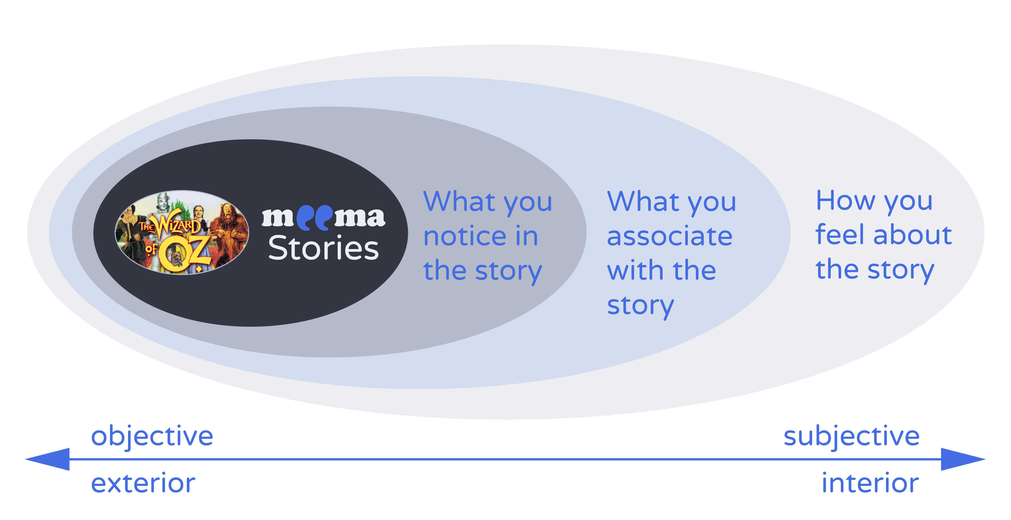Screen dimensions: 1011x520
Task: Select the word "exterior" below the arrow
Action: pos(143,483)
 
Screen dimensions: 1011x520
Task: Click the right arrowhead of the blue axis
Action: pos(963,459)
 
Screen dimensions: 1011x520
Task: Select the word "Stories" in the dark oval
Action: pos(324,248)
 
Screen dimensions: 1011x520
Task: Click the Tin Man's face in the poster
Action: pos(162,203)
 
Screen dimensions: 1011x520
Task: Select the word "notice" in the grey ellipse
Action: pos(465,236)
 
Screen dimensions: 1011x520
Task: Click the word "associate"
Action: pos(670,236)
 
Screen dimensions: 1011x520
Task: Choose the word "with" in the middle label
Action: pos(635,270)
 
